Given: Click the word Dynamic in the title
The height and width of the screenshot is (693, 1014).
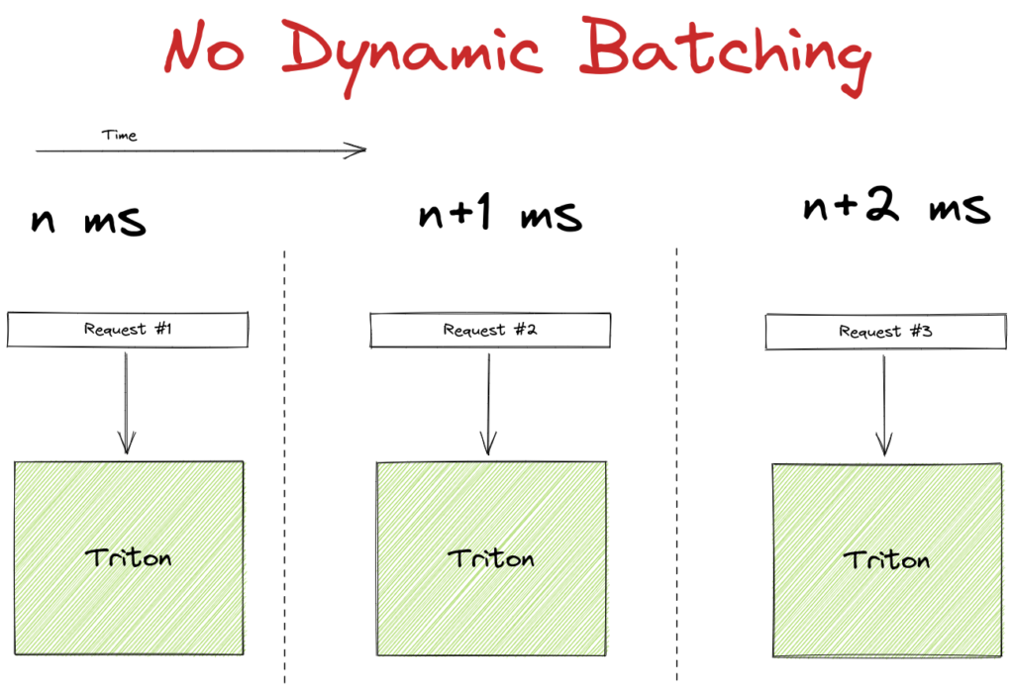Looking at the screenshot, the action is coord(412,56).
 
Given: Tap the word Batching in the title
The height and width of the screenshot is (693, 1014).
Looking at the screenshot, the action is coord(725,54).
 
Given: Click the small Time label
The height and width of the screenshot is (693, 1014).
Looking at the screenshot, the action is coord(119,135).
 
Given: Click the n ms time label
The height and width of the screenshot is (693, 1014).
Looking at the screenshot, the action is coord(88,221).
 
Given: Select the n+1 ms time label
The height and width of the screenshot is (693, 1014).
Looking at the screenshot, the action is coord(500,214).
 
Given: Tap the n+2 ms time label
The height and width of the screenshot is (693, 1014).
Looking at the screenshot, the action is coord(896,206).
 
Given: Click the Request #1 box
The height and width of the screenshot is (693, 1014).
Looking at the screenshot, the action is coord(128,330).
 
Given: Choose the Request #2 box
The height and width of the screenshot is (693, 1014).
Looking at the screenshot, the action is coord(490,331).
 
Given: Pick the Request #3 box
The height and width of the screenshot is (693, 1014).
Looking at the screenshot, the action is coord(886,332).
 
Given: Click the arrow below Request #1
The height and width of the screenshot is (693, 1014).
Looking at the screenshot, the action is coord(126,403).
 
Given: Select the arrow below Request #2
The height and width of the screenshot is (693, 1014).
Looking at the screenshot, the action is coord(488,404).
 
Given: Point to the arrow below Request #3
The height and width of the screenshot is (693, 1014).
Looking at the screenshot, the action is coord(884,405).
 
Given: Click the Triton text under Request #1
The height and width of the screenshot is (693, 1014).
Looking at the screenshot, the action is coord(128,557).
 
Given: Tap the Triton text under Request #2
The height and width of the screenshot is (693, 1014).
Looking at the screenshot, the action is coord(491,558).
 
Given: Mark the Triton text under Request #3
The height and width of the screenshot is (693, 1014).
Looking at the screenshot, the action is coord(886,559).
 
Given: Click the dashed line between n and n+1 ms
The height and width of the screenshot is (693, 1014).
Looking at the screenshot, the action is coord(284,466).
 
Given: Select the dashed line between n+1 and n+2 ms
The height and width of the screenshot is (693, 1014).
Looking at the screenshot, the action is coord(677,463).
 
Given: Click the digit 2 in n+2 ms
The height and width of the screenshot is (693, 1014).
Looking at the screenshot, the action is coord(882,204).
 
